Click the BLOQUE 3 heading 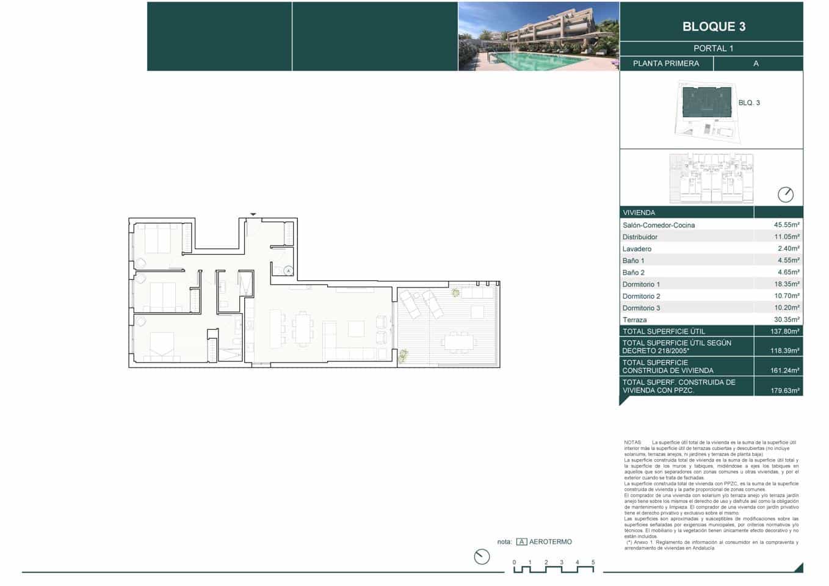coord(713,26)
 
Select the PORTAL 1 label coord(713,48)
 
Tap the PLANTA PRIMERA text coord(665,63)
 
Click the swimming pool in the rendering coord(537,60)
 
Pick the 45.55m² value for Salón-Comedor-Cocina coord(786,225)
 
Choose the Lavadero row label coord(637,249)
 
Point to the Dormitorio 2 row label coord(641,296)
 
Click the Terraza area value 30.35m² coord(786,320)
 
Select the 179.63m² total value coord(784,391)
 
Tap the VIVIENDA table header coord(639,213)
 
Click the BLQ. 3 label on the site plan coord(749,103)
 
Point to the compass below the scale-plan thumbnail coord(785,195)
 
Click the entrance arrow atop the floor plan coord(253,214)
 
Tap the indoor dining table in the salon coord(301,328)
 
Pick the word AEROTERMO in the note coord(550,542)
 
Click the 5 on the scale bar coord(593,562)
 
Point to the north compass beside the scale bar coord(482,557)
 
